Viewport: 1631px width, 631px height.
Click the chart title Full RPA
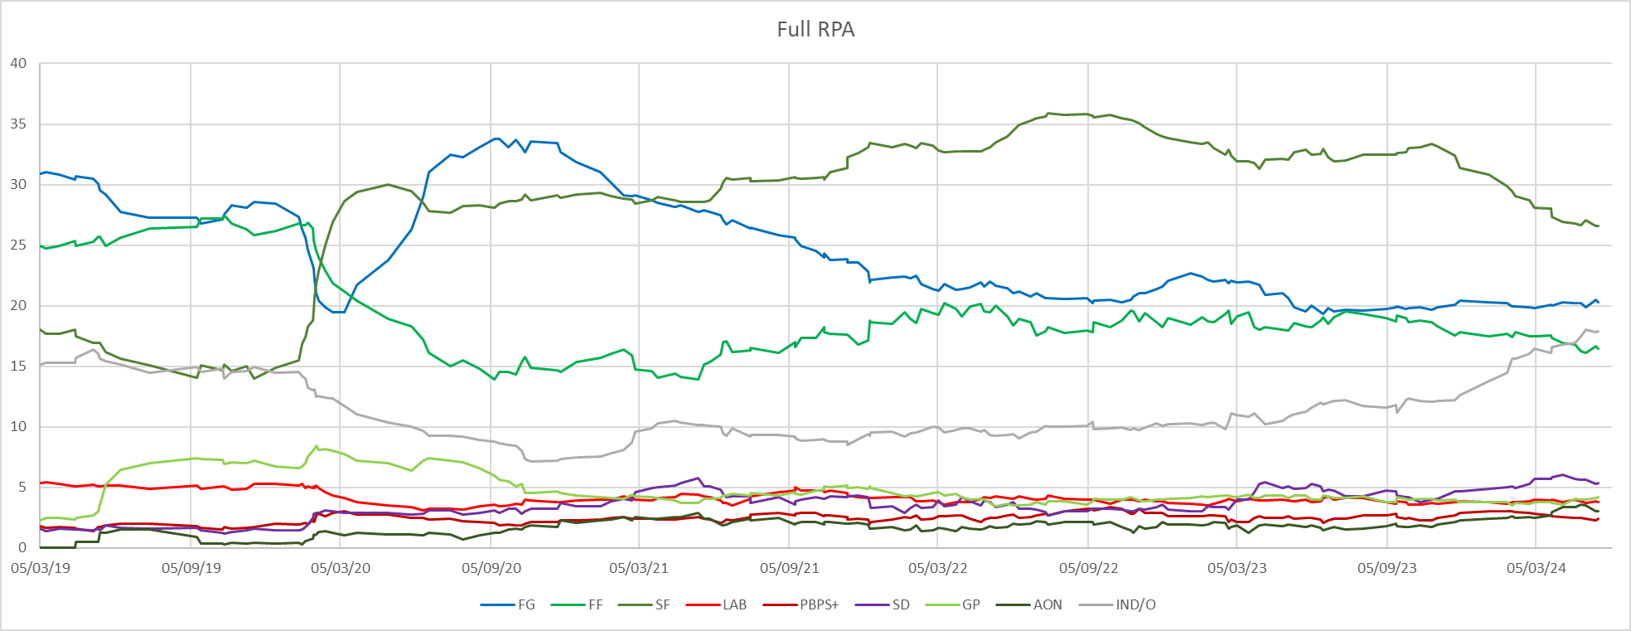815,30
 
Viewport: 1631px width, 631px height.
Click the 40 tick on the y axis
18,63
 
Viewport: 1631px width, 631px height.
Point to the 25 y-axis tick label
18,245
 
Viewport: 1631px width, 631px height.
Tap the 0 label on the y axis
22,548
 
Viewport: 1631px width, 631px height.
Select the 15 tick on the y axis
18,366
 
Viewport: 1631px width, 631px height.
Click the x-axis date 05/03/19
41,569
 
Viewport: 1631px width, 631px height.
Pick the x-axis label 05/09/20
491,569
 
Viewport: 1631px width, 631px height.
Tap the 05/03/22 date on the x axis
938,569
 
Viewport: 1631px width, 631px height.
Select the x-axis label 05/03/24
1537,569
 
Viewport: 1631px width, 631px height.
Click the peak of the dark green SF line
1049,113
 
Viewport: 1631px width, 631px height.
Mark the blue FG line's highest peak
496,138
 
